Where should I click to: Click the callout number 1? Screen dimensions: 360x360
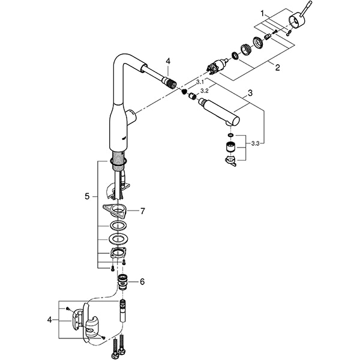click(262, 13)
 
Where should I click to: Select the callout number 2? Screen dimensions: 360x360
click(277, 68)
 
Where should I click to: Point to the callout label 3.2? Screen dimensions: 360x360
click(204, 91)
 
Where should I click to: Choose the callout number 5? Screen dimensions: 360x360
click(88, 196)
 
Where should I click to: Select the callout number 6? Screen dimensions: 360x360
click(142, 281)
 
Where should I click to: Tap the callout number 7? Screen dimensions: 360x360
click(142, 211)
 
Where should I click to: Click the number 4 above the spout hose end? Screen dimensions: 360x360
click(169, 61)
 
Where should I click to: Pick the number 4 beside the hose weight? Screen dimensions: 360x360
click(50, 320)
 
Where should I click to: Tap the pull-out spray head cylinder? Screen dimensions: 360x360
click(219, 113)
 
